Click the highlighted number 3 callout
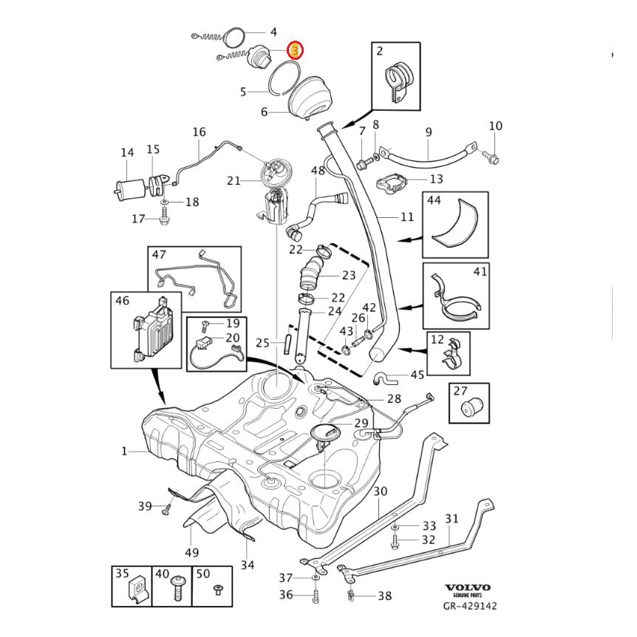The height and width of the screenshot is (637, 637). (x=295, y=50)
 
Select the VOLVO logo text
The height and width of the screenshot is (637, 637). (x=467, y=588)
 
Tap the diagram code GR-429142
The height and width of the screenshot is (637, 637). (x=470, y=606)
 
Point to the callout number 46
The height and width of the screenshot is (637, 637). (x=123, y=300)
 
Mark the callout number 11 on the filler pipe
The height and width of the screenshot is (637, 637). (x=407, y=217)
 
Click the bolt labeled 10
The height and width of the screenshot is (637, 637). (x=492, y=157)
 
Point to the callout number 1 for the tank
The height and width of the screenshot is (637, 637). (x=124, y=451)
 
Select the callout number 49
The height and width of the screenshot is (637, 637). (x=192, y=551)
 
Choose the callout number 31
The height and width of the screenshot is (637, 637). (x=452, y=519)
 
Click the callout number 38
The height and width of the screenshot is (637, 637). (x=384, y=596)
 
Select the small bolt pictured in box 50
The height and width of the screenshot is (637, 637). (x=217, y=590)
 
